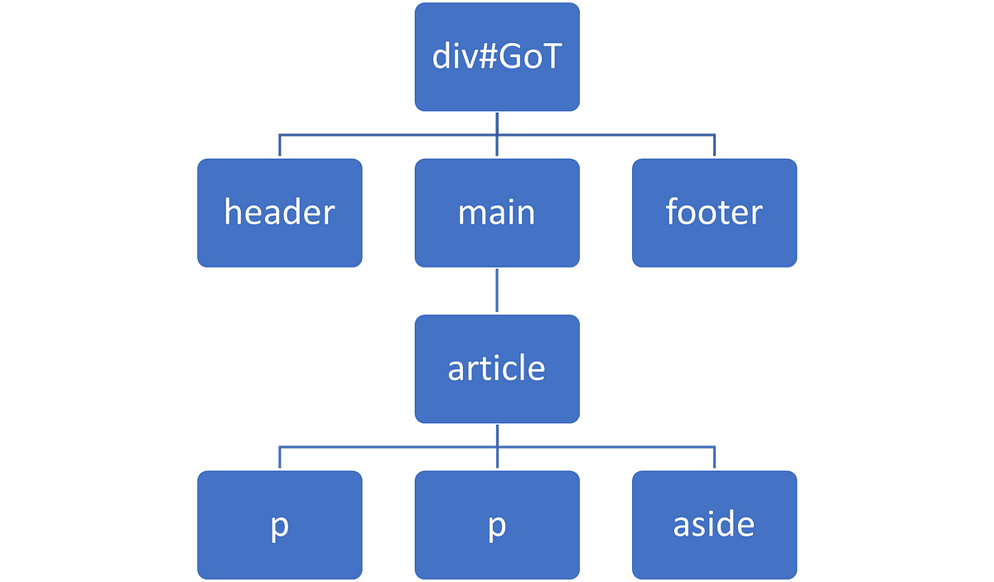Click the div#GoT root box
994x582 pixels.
(497, 57)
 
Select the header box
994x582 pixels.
(280, 213)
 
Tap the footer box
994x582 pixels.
(714, 213)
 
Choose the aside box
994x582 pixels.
(714, 524)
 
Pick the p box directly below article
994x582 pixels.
(497, 524)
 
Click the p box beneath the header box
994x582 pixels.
(280, 524)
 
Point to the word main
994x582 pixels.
(497, 213)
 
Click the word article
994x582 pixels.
(497, 368)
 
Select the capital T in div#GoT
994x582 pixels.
(552, 57)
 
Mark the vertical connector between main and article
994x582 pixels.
(497, 291)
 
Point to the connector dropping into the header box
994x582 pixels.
(280, 145)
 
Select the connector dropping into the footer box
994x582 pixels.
(714, 145)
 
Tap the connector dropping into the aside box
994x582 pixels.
(714, 456)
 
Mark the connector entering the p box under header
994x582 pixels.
(280, 456)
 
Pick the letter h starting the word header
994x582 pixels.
(233, 213)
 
